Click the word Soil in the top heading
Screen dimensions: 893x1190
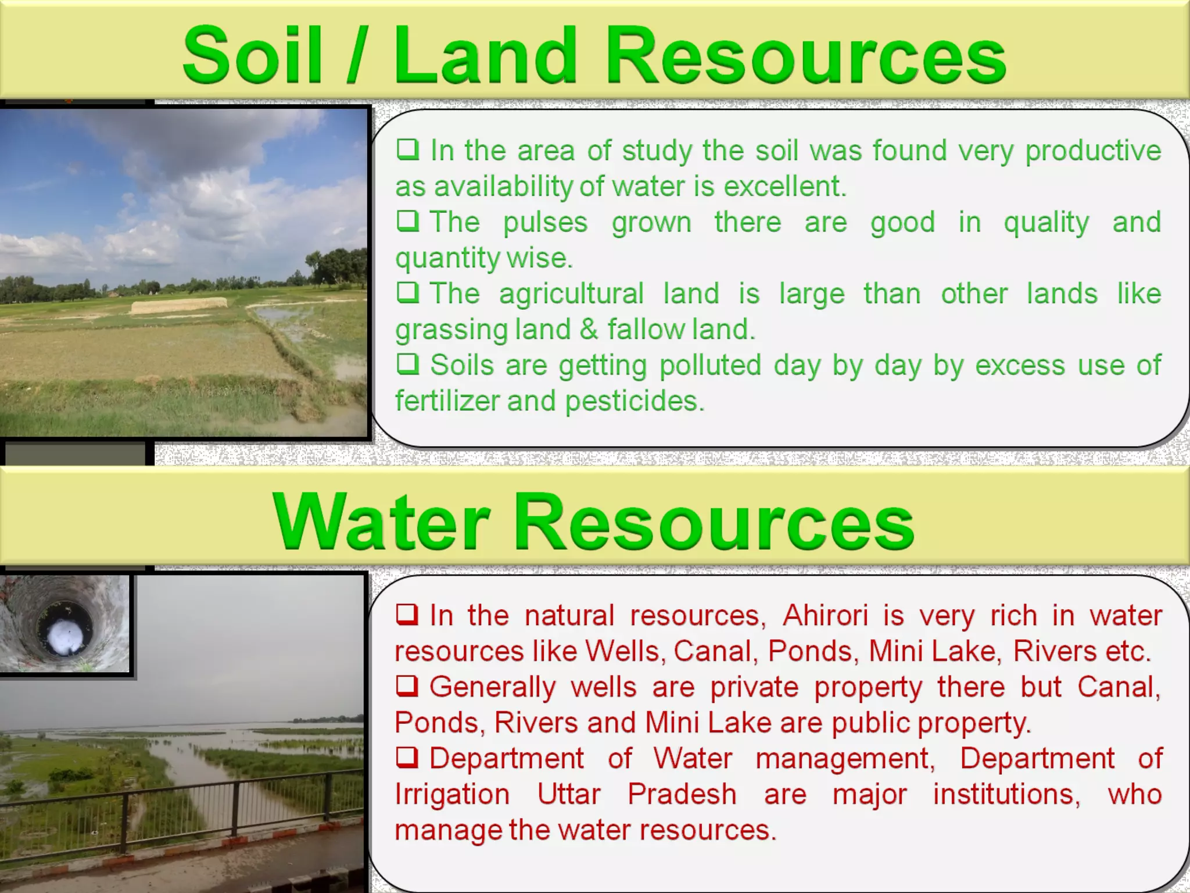coord(252,56)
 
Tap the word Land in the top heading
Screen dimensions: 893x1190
coord(485,56)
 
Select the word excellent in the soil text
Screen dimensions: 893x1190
coord(785,187)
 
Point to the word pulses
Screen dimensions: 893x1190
coord(545,223)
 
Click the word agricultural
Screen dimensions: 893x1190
coord(571,294)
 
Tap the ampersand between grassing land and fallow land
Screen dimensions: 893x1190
coord(588,330)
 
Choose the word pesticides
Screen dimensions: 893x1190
coord(635,401)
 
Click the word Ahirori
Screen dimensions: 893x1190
coord(825,616)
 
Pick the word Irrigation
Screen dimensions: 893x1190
coord(452,795)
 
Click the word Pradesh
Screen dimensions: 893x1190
coord(682,794)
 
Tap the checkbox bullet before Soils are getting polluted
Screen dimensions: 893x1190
coord(408,364)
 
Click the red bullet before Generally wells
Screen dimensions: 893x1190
coord(407,686)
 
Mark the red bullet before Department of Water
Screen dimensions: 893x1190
coord(407,758)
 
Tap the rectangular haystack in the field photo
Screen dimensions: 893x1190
coord(178,305)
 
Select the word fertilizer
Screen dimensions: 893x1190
coord(447,401)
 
